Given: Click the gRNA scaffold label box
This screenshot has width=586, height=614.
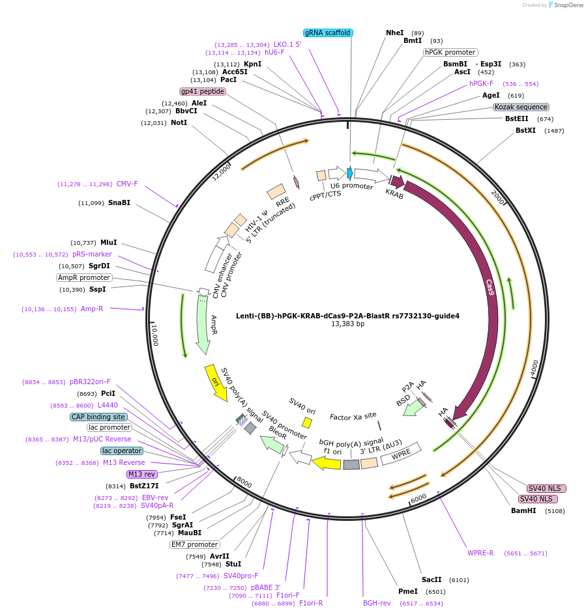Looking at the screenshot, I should point(328,33).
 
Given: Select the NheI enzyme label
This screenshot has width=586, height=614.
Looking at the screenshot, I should point(394,33).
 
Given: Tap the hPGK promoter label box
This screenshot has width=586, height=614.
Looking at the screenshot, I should point(450,52).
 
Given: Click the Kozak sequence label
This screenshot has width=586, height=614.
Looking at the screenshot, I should point(521,107).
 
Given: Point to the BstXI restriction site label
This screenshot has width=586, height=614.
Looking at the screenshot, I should point(525,130).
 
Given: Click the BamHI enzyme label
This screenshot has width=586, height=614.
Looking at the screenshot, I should point(523,510).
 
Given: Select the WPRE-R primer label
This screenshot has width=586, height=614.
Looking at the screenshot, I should point(480,553).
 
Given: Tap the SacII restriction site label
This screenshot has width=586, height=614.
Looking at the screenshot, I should point(432,579).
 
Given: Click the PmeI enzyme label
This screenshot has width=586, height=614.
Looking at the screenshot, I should point(407,591).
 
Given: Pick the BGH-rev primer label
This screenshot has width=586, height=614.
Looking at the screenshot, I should point(377,603).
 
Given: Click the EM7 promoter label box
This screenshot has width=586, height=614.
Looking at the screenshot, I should point(194,544).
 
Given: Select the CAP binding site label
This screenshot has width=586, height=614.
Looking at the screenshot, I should point(98,417).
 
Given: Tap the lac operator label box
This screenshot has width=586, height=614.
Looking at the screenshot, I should point(122,451).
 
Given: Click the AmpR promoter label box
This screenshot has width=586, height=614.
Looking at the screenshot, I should point(84,277).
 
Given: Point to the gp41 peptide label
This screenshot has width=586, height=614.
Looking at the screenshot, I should point(203,91).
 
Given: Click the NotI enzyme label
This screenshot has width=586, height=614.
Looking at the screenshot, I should point(179,122).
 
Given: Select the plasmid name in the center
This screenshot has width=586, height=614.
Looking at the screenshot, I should point(347,316).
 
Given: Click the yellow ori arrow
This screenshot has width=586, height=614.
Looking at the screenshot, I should point(216,382).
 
